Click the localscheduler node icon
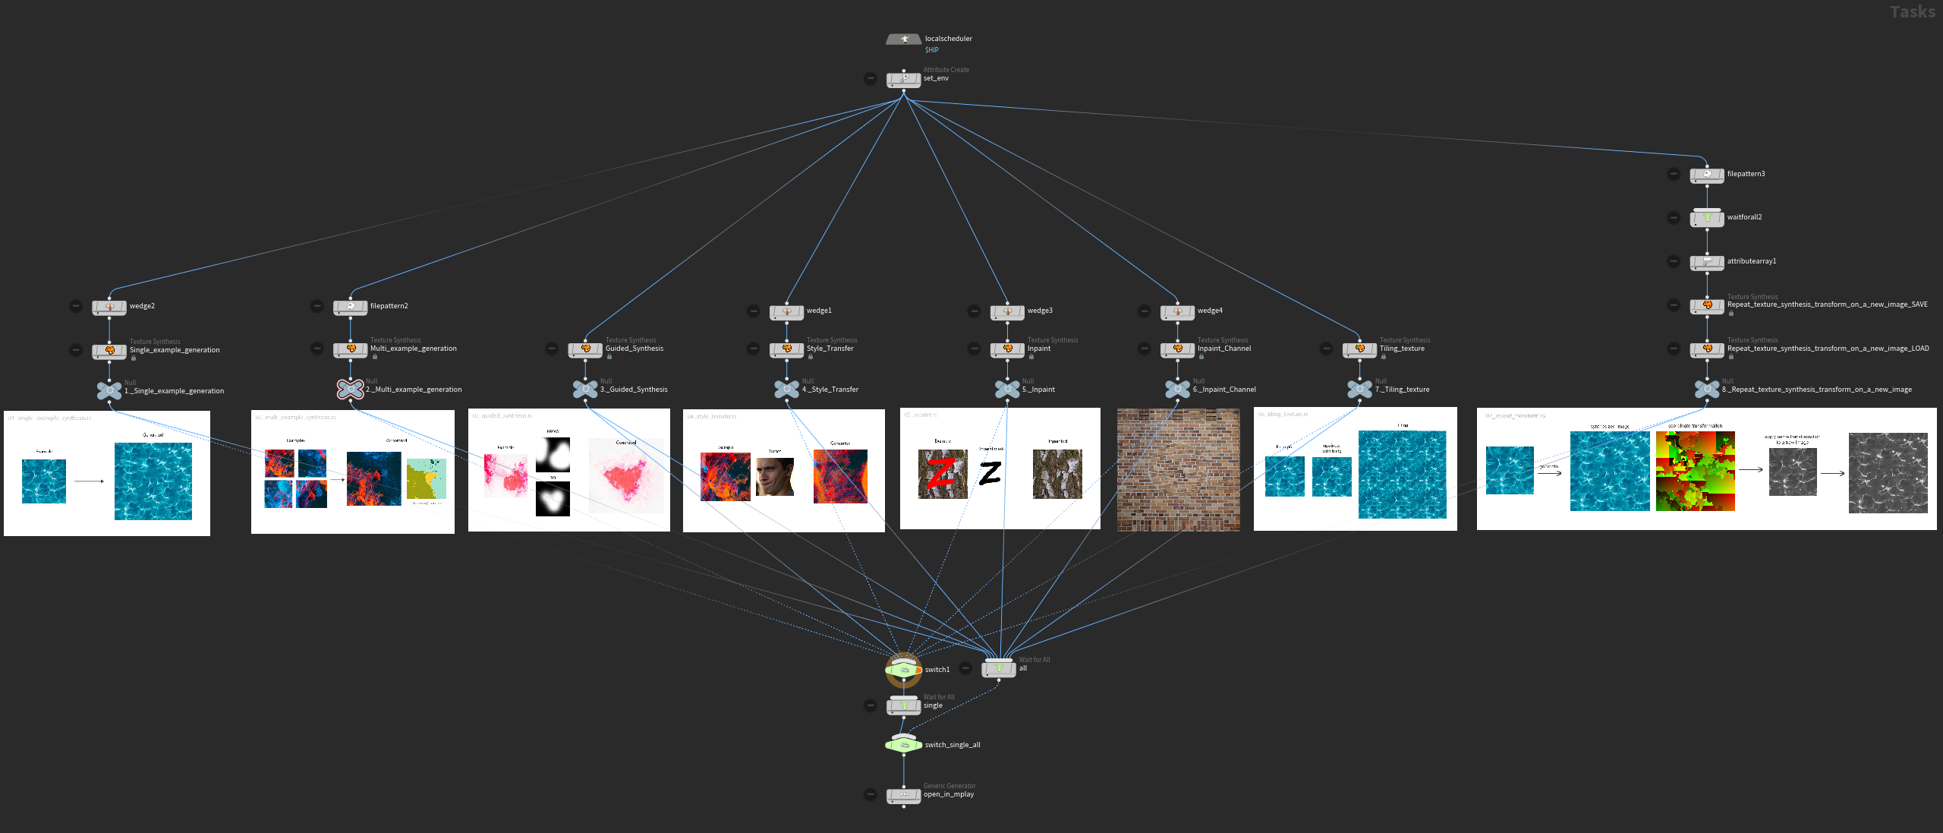coord(903,39)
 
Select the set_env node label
coord(936,78)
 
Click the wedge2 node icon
coord(109,308)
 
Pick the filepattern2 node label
coord(389,306)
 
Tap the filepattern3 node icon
coord(1707,175)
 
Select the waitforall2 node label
coord(1744,217)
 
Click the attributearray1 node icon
coord(1707,262)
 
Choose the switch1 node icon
coord(903,670)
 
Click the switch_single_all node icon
coord(903,745)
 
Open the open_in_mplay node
coord(903,795)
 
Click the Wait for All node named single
coord(903,706)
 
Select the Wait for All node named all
coord(999,668)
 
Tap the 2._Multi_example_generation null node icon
coord(350,390)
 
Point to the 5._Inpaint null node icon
coord(1007,390)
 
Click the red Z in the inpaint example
coord(941,474)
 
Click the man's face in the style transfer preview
coord(775,477)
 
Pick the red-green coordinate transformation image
coord(1695,471)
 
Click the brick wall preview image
coord(1178,469)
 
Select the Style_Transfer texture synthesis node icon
coord(786,349)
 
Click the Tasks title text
coord(1912,12)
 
